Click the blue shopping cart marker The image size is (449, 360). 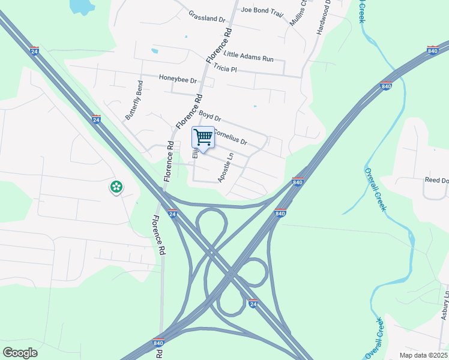click(203, 139)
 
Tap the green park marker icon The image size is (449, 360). click(115, 187)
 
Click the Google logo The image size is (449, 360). click(20, 353)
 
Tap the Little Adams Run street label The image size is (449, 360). click(249, 57)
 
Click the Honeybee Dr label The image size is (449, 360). click(178, 79)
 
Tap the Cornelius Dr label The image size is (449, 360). click(231, 137)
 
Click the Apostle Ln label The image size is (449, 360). click(226, 167)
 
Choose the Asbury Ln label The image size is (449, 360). click(445, 305)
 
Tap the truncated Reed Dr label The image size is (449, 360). click(436, 180)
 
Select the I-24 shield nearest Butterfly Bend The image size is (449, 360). click(96, 119)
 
